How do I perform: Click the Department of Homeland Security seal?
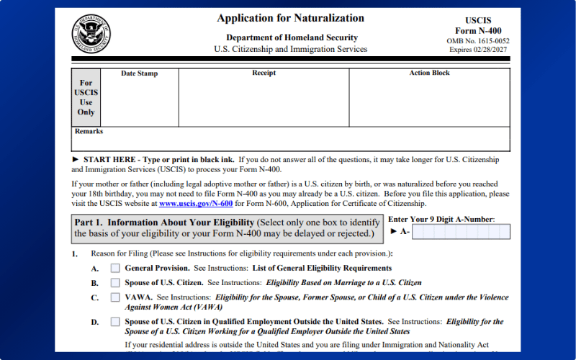(91, 34)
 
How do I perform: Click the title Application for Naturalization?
(290, 18)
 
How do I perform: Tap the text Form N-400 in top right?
(479, 31)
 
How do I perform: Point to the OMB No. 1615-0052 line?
(479, 41)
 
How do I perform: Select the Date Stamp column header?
(139, 73)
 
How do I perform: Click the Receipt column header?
(264, 73)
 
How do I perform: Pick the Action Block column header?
(429, 73)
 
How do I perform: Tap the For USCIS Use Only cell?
(86, 97)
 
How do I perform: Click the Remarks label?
(89, 132)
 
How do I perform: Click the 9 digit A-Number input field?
(461, 232)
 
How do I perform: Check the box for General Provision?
(115, 268)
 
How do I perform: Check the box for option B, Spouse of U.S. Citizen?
(115, 282)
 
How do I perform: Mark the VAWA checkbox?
(115, 297)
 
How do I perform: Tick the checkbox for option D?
(115, 322)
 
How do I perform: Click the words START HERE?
(109, 159)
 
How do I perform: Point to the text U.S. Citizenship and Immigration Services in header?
(290, 49)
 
